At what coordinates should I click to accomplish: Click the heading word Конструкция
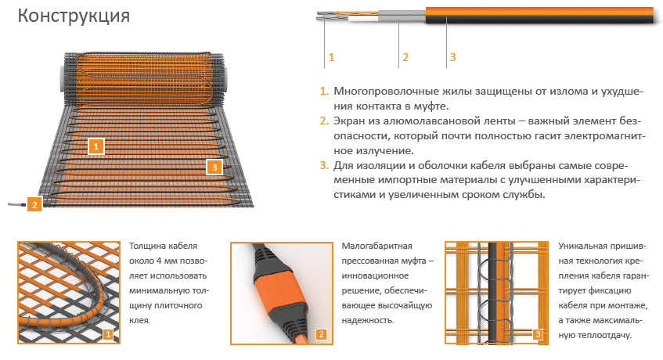pyautogui.click(x=74, y=16)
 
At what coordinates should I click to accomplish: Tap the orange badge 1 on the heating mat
pyautogui.click(x=96, y=146)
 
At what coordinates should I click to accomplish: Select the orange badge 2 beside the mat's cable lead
pyautogui.click(x=34, y=205)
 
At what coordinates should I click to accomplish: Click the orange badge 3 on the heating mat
pyautogui.click(x=214, y=167)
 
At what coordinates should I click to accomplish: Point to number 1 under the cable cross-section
pyautogui.click(x=332, y=57)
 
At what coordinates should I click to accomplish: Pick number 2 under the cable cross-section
pyautogui.click(x=405, y=57)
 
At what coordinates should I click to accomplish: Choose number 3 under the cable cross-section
pyautogui.click(x=453, y=57)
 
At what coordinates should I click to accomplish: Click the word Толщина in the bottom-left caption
pyautogui.click(x=145, y=246)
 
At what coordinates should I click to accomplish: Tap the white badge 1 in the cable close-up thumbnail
pyautogui.click(x=108, y=334)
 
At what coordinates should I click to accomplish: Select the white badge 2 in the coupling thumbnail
pyautogui.click(x=321, y=334)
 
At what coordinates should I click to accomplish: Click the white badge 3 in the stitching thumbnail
pyautogui.click(x=538, y=334)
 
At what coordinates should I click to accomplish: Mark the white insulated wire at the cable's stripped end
pyautogui.click(x=362, y=19)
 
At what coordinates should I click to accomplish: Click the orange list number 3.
pyautogui.click(x=324, y=165)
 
